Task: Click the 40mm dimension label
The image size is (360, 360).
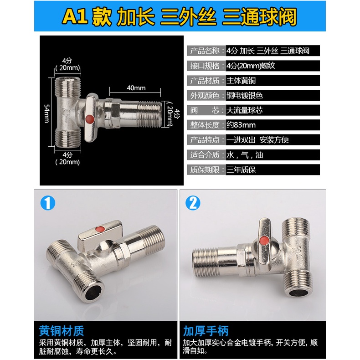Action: point(136,88)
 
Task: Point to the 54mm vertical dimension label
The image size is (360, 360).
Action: point(47,113)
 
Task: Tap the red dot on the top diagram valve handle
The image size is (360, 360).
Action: point(89,119)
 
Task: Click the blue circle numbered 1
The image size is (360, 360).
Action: point(48,203)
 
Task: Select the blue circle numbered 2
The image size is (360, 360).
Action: point(193,203)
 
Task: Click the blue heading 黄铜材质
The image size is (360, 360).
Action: point(62,331)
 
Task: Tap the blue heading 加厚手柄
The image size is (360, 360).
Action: point(206,331)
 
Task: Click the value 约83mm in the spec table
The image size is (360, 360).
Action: point(241,125)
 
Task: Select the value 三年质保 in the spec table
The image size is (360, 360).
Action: point(241,170)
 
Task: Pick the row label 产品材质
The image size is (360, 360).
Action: point(205,81)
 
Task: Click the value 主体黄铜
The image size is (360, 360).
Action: point(241,81)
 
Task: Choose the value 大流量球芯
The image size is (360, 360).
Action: point(245,110)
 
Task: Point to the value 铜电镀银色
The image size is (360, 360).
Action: point(245,95)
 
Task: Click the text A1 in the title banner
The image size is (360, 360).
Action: point(75,16)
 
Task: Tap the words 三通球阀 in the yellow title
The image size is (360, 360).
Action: point(259,16)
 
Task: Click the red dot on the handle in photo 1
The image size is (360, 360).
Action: point(100,229)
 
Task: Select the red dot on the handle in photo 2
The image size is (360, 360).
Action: point(264,241)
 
